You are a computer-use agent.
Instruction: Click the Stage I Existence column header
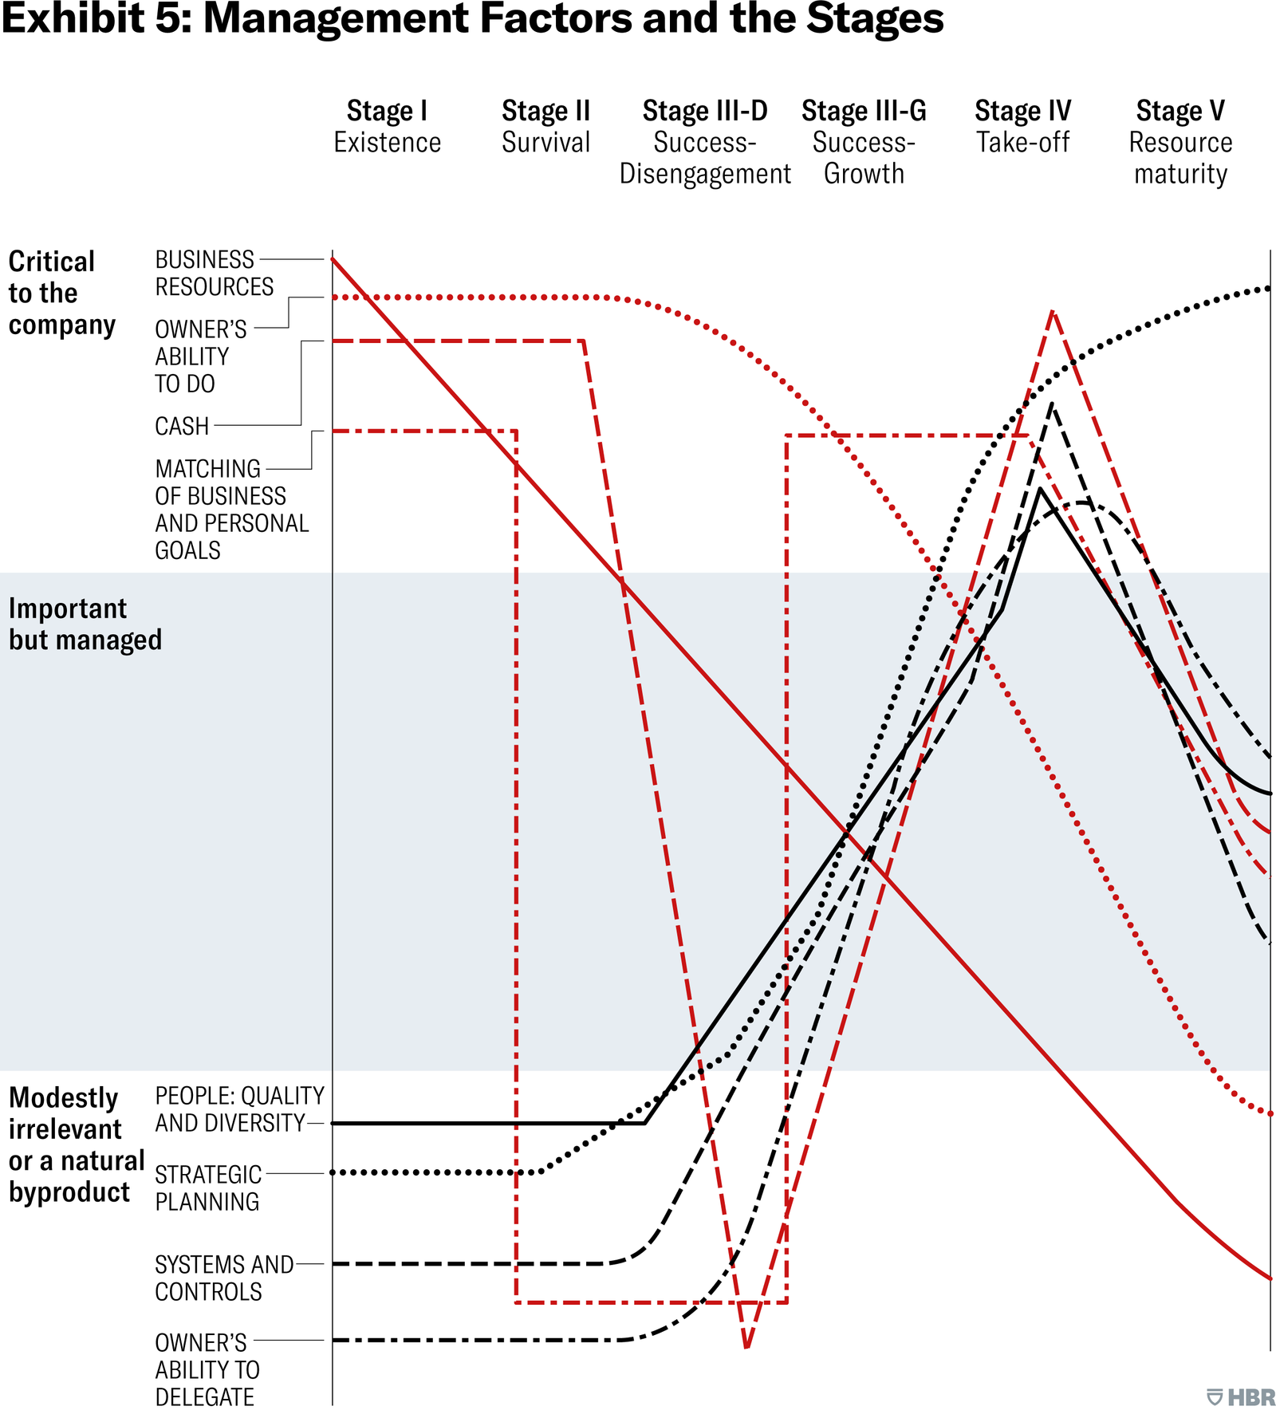coord(387,126)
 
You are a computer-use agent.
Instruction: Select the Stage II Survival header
coord(545,126)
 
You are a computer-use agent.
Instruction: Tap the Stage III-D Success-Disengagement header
coord(705,142)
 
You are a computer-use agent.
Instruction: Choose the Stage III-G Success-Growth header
coord(864,142)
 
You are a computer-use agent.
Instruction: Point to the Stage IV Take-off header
coord(1022,126)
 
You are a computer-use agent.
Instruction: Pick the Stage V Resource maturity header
coord(1180,142)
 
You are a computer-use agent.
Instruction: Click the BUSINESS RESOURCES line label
coord(214,273)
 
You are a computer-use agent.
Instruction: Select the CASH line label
coord(182,427)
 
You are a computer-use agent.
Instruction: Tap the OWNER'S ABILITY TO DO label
coord(200,356)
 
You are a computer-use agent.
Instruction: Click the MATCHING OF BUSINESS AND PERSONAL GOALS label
coord(231,510)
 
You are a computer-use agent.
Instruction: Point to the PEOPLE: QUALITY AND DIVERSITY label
coord(238,1109)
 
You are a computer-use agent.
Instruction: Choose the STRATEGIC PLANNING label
coord(207,1188)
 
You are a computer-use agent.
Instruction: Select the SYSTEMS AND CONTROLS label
coord(223,1278)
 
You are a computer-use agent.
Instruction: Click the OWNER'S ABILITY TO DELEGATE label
coord(207,1369)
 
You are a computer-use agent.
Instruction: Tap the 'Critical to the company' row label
coord(61,293)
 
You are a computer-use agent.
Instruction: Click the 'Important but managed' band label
coord(85,624)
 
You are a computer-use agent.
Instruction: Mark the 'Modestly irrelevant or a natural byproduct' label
coord(75,1144)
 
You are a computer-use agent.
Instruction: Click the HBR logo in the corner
coord(1241,1396)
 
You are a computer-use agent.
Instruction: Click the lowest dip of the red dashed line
coord(746,1347)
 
